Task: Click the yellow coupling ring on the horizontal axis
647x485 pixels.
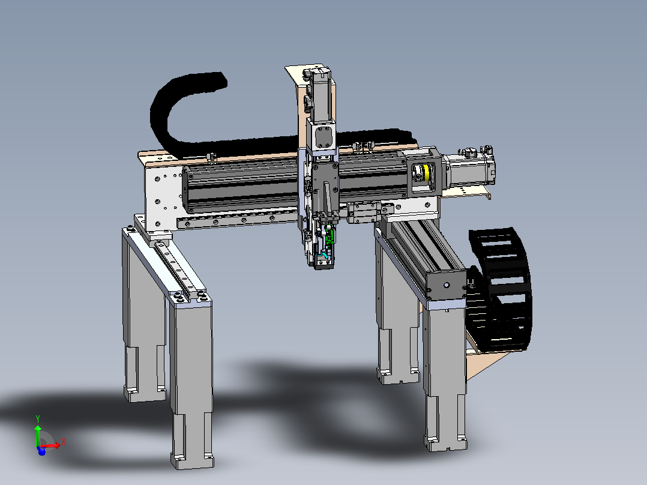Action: point(426,172)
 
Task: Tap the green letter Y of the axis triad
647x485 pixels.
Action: point(38,419)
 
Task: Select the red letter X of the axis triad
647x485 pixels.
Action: point(64,442)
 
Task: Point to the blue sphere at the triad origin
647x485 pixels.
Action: point(41,451)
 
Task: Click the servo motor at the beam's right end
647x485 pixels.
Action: point(471,169)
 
